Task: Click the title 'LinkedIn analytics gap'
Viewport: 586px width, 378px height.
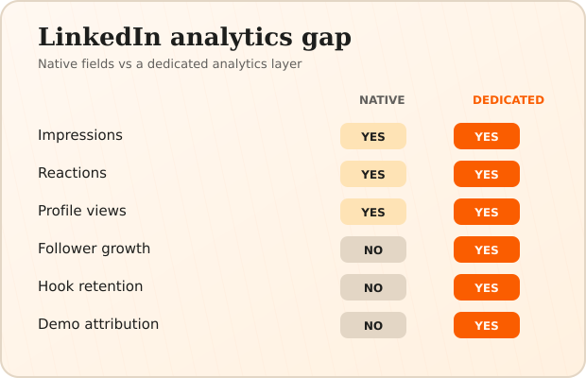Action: point(195,38)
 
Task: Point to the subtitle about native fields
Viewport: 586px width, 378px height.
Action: point(170,64)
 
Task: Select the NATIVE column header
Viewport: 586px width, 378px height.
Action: point(382,100)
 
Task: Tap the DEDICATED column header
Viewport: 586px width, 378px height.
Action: point(508,100)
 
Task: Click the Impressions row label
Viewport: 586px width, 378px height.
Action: point(80,135)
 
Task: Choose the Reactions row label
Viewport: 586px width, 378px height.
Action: point(72,173)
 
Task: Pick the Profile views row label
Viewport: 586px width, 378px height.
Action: point(82,211)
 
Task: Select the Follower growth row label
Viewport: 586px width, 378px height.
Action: point(94,249)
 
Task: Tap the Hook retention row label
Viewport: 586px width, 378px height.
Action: point(90,286)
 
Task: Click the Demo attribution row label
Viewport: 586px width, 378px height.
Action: point(98,324)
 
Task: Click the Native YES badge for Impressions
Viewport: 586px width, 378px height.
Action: point(373,136)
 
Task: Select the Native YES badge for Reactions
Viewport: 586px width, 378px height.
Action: point(373,174)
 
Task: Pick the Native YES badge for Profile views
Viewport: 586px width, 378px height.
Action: point(373,212)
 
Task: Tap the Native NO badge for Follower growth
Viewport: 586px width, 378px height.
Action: point(373,249)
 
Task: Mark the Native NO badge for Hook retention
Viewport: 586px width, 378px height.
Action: point(373,287)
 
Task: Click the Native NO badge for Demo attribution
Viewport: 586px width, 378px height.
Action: point(373,325)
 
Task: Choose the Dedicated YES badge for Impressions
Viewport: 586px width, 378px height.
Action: point(487,136)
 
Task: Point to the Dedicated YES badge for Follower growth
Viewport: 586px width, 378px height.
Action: point(487,249)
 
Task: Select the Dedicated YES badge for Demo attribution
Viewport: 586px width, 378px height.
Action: point(487,325)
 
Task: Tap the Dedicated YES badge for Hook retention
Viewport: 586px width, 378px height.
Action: point(487,287)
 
